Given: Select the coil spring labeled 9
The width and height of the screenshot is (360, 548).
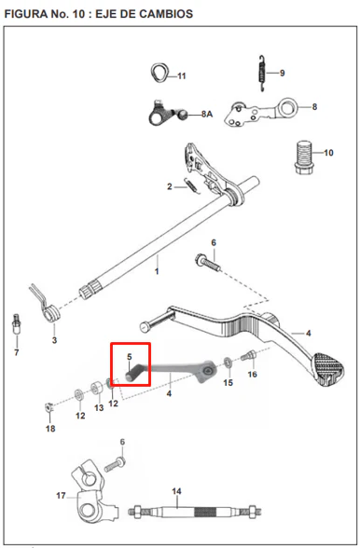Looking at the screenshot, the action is pos(262,74).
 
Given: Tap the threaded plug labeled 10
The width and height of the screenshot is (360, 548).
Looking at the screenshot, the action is pos(303,158).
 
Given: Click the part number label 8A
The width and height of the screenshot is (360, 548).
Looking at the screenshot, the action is pos(207,115).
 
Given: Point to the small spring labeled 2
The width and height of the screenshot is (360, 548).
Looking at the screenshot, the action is pos(191,185).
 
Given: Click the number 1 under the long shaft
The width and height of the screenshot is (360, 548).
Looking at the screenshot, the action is pos(157,271).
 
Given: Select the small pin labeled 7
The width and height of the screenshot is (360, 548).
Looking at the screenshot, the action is pos(16,324).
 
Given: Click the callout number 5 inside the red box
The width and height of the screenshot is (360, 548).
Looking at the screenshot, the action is pos(130,357).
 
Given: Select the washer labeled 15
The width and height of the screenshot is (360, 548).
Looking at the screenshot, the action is pos(228,362).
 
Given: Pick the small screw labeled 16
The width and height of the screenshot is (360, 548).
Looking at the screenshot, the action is pos(248,356).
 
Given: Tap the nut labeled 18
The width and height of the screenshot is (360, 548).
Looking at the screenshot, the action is pos(49,408).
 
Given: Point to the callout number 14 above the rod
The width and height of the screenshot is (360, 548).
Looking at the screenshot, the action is pos(176,491).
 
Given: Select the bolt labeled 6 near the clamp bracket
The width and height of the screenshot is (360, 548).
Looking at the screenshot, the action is pos(115,463).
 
